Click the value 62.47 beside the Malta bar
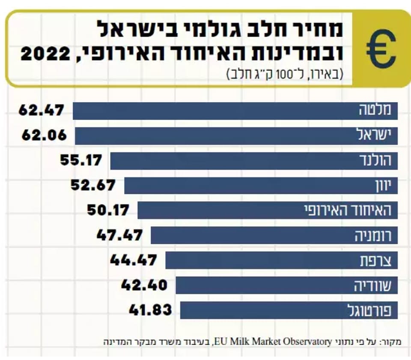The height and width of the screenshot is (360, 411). coord(41,111)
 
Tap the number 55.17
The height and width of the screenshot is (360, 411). coord(81,160)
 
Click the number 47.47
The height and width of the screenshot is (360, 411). coord(119,235)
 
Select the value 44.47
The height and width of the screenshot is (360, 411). coord(134,260)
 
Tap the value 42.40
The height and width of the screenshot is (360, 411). coord(144,285)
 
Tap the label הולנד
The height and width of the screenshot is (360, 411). coord(375,160)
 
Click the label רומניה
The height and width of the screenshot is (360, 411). coord(372,235)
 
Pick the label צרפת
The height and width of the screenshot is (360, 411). coord(379,260)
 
